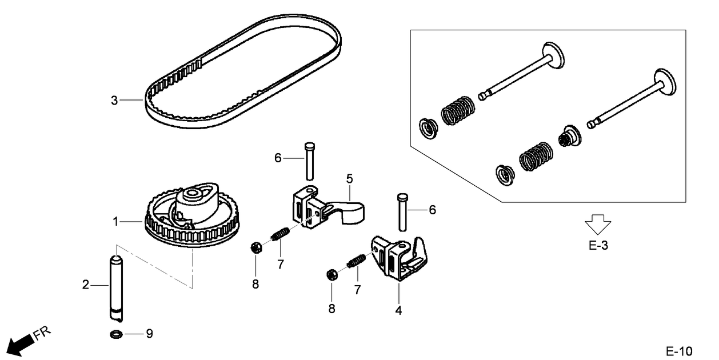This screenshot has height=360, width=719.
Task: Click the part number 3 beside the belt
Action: tap(114, 101)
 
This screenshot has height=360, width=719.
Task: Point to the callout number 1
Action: tap(116, 221)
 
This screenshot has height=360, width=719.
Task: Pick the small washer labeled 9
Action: tap(115, 334)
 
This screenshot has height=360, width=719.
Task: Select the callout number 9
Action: tap(149, 334)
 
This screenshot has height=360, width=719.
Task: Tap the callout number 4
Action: tap(398, 311)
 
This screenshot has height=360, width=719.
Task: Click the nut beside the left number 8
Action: tap(257, 248)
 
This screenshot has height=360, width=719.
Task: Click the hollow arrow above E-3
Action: tap(597, 225)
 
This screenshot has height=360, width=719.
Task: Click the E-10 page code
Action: tap(678, 350)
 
